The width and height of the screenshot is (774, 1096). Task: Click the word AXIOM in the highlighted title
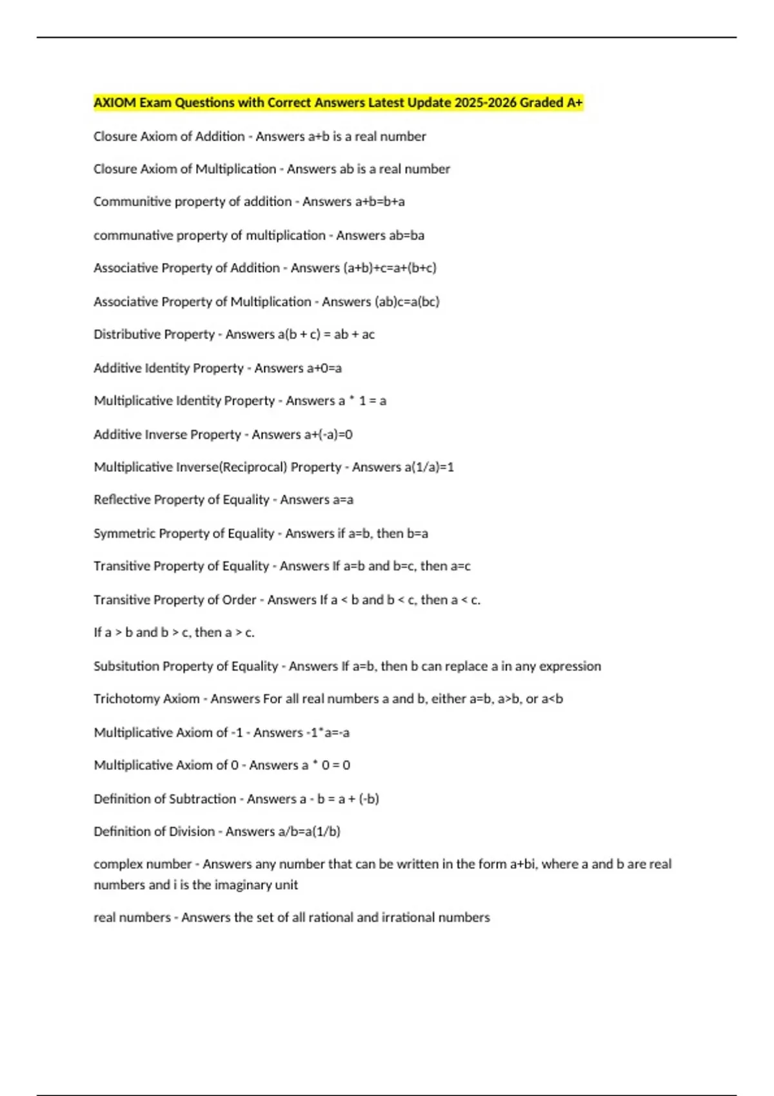[114, 103]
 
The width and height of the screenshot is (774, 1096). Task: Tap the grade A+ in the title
[574, 103]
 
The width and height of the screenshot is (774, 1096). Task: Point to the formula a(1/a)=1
[429, 467]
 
